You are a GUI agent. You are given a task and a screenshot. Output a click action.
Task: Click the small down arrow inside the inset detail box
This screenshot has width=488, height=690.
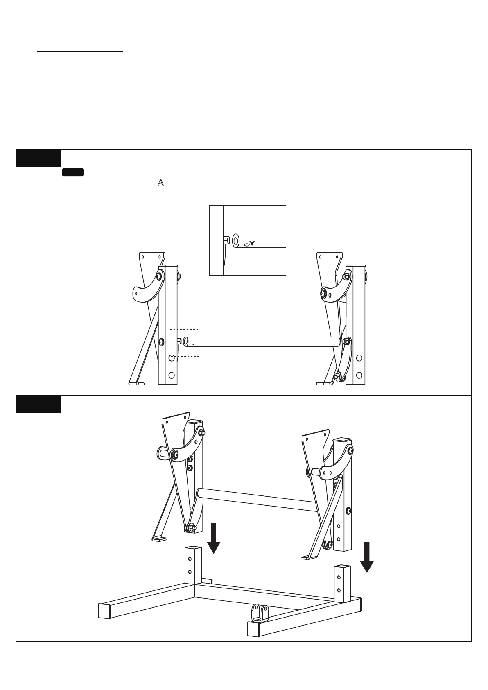[252, 242]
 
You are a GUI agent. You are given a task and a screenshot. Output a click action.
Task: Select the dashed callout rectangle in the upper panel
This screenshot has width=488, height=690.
[184, 342]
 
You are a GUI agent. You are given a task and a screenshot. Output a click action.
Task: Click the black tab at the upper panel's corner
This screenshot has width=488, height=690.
[38, 158]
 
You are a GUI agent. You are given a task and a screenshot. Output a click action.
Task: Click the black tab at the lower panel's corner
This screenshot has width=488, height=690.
[38, 404]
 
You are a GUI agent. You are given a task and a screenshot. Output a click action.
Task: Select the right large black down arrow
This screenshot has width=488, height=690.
[367, 557]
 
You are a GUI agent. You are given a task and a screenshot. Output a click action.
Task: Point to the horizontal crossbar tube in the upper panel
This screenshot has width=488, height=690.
[262, 341]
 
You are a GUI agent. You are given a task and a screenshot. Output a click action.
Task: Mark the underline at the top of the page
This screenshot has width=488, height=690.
[80, 52]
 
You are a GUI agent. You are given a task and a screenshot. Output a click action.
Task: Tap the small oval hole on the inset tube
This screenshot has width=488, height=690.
[245, 244]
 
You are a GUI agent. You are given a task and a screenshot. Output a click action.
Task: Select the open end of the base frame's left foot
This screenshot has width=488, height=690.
[105, 611]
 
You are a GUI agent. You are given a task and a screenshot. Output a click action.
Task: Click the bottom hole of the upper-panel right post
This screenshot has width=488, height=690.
[359, 375]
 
